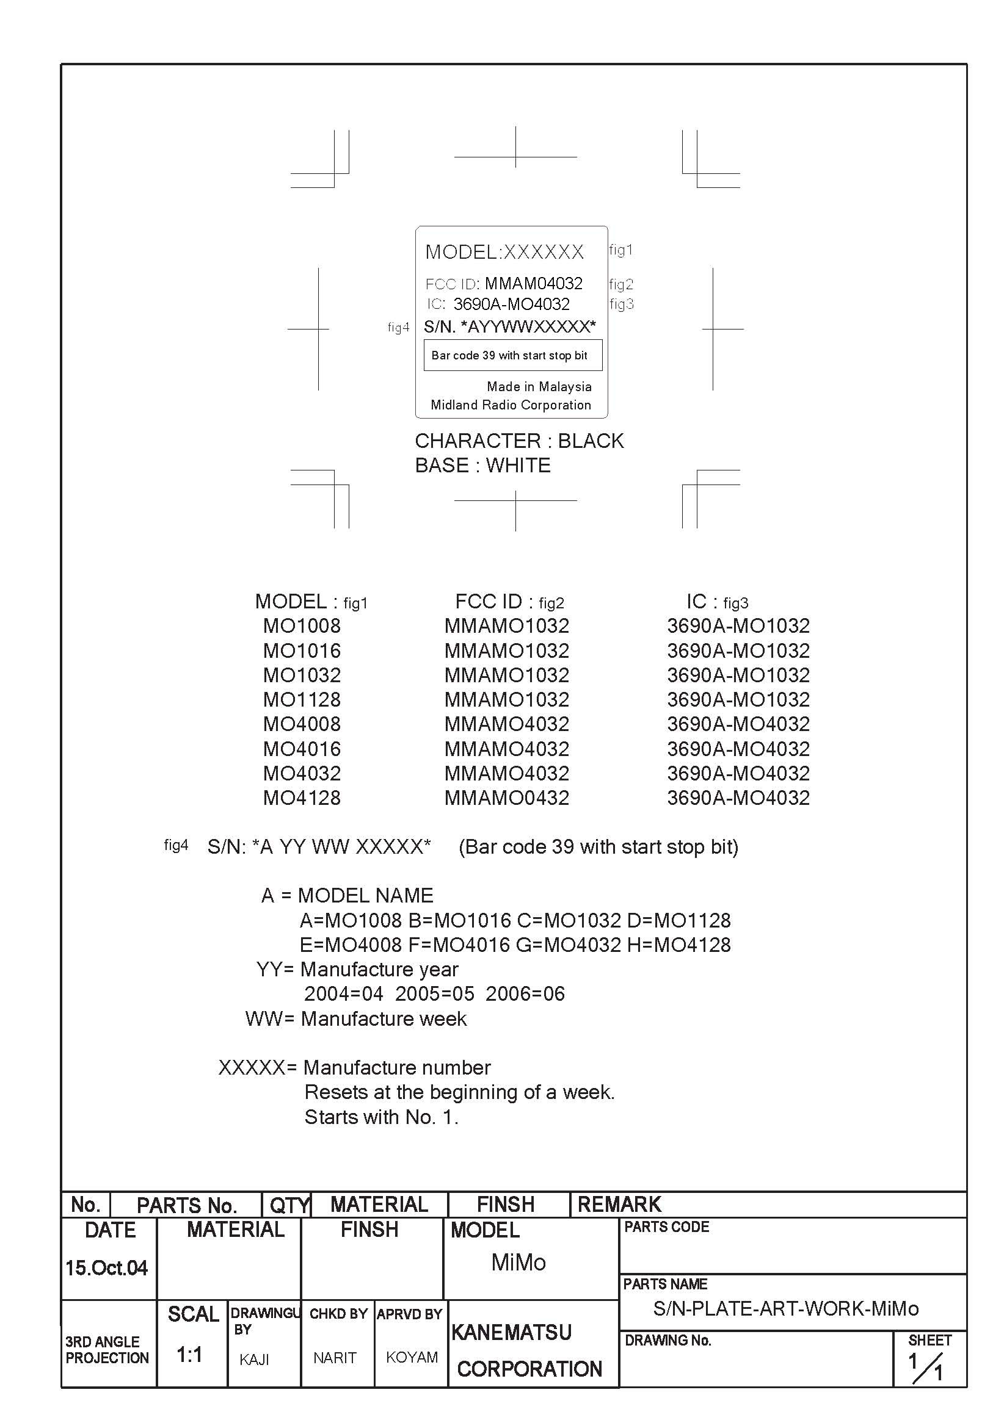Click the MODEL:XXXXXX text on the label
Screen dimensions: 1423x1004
pyautogui.click(x=504, y=252)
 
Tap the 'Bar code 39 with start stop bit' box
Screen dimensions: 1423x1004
pyautogui.click(x=512, y=355)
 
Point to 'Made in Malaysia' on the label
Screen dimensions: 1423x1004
pyautogui.click(x=538, y=387)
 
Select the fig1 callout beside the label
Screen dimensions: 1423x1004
pyautogui.click(x=620, y=250)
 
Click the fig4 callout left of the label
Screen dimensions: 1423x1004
pyautogui.click(x=398, y=327)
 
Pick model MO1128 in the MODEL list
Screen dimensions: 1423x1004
pyautogui.click(x=302, y=700)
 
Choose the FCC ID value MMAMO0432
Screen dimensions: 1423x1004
pyautogui.click(x=507, y=798)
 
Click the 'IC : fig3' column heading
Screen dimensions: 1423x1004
pyautogui.click(x=717, y=602)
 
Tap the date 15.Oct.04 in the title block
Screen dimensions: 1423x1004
pyautogui.click(x=106, y=1268)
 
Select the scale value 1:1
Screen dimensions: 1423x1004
pyautogui.click(x=189, y=1355)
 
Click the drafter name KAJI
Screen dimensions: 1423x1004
pyautogui.click(x=254, y=1360)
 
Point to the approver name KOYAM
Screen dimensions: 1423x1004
pyautogui.click(x=411, y=1357)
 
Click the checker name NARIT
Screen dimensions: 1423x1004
pyautogui.click(x=334, y=1358)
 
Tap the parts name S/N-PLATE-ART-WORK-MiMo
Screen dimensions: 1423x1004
pyautogui.click(x=786, y=1308)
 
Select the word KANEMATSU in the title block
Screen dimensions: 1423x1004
pyautogui.click(x=511, y=1332)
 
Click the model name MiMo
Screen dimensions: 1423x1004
pyautogui.click(x=518, y=1263)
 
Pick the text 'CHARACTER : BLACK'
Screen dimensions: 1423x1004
pyautogui.click(x=519, y=441)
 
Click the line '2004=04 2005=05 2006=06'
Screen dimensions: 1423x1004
pyautogui.click(x=434, y=993)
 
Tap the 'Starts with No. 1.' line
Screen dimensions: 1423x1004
pyautogui.click(x=380, y=1117)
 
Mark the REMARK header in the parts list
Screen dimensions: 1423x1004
pyautogui.click(x=619, y=1204)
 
